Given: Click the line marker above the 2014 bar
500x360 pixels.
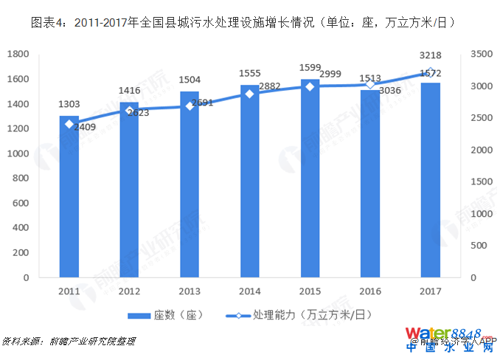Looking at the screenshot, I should [249, 94].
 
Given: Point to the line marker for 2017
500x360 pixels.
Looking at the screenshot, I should [431, 72].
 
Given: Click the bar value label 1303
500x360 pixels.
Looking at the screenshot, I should [69, 105].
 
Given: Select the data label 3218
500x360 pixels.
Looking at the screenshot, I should [431, 55].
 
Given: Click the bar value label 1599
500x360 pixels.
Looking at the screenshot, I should [310, 68].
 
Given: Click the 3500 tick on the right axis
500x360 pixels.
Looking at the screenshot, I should [481, 54].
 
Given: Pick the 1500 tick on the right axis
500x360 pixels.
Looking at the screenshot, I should [481, 181].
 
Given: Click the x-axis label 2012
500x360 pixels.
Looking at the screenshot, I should [129, 290].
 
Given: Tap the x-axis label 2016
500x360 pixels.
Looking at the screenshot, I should [369, 290].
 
